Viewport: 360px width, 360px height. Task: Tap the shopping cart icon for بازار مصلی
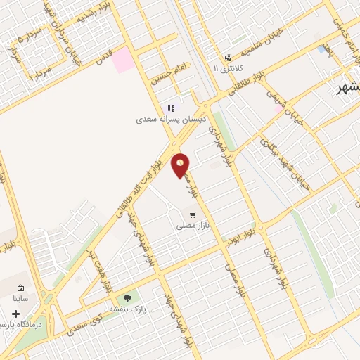[191, 214]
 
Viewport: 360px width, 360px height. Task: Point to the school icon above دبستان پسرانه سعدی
[170, 108]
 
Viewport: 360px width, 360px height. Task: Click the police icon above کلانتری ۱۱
[227, 58]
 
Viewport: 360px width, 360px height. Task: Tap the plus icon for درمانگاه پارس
[15, 314]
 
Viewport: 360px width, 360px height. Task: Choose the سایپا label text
[20, 299]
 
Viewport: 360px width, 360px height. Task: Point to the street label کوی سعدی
[86, 324]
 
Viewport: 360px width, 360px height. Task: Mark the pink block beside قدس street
[123, 59]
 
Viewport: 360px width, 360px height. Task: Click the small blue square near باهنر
[322, 49]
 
